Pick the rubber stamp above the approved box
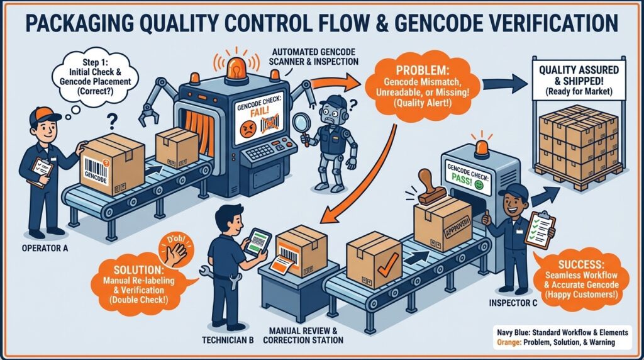tap(431, 189)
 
